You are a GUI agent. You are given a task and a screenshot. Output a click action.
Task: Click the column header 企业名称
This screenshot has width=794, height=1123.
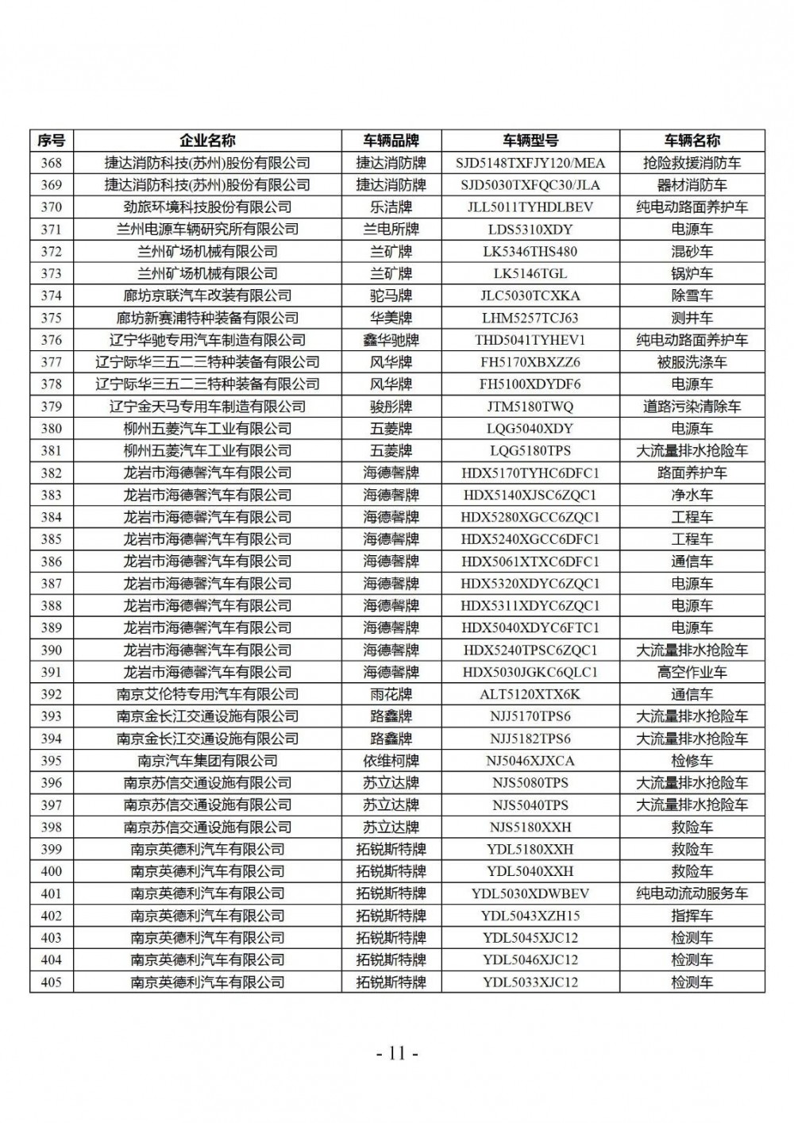[207, 141]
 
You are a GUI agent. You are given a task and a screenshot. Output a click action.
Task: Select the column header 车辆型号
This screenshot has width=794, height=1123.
[530, 141]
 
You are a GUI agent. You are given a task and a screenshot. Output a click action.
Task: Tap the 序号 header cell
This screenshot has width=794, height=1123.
[51, 141]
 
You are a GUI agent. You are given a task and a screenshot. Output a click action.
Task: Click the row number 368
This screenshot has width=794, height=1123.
[51, 163]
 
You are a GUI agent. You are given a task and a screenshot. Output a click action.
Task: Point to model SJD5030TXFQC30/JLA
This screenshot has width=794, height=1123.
[530, 185]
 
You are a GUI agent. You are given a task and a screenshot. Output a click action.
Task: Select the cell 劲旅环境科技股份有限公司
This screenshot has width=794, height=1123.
[207, 207]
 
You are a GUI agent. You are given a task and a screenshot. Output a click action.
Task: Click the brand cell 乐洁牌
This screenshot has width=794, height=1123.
[391, 207]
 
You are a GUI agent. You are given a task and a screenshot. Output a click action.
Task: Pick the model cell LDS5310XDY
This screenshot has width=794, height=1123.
[530, 230]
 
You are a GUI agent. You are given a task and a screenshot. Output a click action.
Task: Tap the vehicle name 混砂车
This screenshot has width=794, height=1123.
[692, 252]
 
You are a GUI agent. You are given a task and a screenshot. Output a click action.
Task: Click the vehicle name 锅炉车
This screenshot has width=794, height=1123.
[692, 273]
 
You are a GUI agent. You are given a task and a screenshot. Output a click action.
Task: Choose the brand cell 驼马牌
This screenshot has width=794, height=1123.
[391, 295]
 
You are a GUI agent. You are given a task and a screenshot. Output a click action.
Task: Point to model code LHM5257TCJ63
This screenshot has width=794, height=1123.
[530, 318]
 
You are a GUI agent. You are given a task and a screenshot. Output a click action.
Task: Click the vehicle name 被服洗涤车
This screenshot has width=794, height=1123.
[692, 362]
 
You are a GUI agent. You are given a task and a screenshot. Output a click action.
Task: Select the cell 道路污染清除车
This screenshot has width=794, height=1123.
[692, 406]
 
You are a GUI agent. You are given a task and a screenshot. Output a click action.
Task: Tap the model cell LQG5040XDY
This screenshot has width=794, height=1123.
[530, 428]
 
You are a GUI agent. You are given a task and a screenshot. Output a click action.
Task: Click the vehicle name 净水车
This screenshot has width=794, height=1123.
[692, 495]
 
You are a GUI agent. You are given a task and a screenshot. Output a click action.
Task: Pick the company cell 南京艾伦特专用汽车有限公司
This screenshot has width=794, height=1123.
[207, 694]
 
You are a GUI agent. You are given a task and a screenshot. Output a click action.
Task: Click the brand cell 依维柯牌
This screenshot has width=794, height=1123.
[391, 760]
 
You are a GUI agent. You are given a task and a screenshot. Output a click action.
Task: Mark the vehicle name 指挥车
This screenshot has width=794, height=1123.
[692, 915]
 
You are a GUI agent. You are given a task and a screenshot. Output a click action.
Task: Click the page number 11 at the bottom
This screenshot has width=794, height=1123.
[397, 1054]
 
